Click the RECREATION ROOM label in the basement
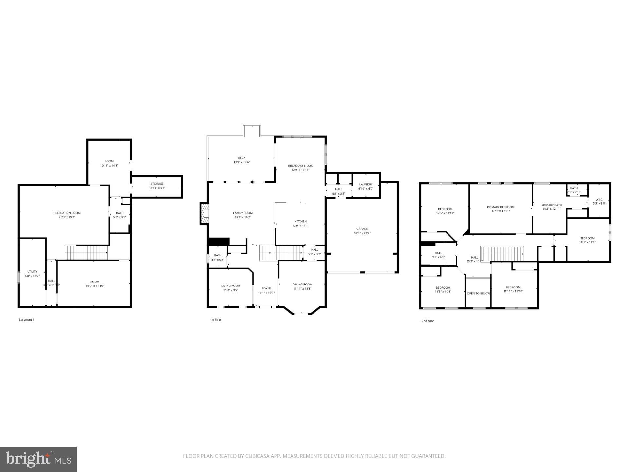67,213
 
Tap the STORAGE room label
157,184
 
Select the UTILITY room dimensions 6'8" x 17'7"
32,276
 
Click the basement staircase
86,252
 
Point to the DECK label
242,158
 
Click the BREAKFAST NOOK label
300,166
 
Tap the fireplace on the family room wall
204,214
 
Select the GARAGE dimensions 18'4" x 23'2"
362,233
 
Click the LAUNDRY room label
366,184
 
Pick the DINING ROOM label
302,284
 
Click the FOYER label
266,288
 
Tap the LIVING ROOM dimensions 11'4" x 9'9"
231,290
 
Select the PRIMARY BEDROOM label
501,207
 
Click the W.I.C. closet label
599,199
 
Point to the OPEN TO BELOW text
478,293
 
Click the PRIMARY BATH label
551,205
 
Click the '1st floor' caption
216,320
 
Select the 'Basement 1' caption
26,320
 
